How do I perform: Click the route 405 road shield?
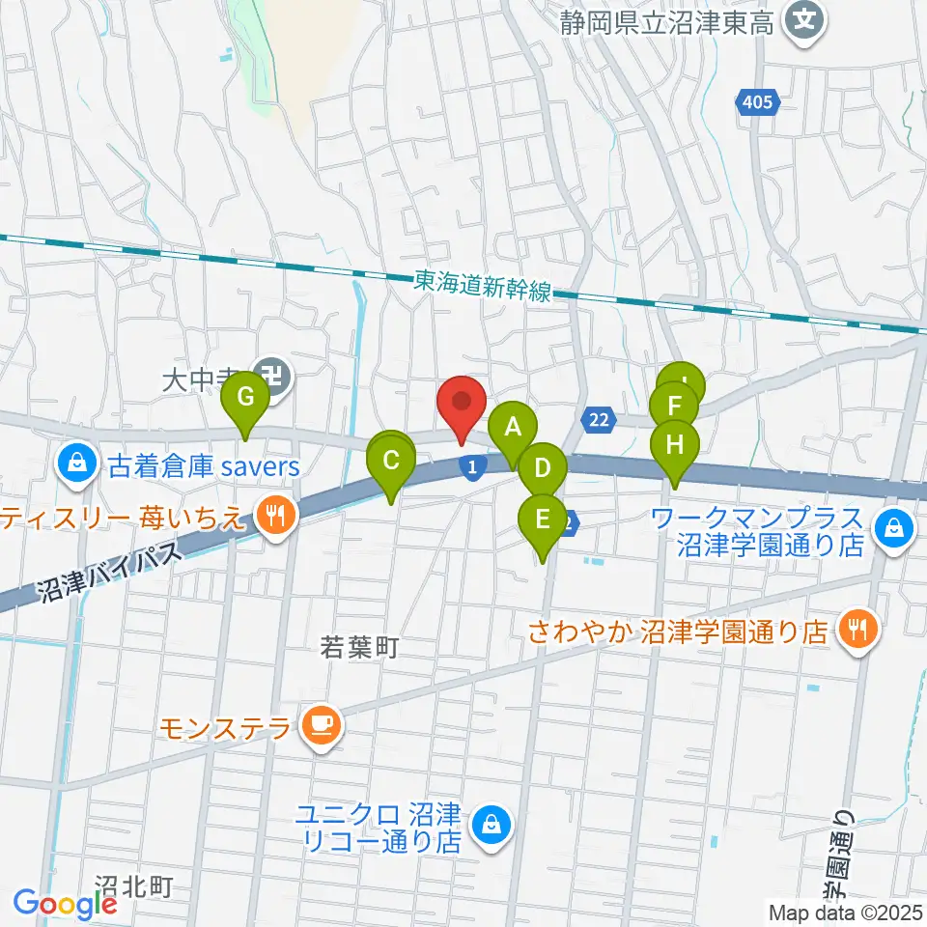(758, 101)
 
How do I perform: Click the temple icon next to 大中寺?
(278, 376)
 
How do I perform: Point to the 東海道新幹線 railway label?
(483, 285)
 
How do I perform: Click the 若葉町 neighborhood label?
(359, 647)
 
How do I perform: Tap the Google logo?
(65, 904)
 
